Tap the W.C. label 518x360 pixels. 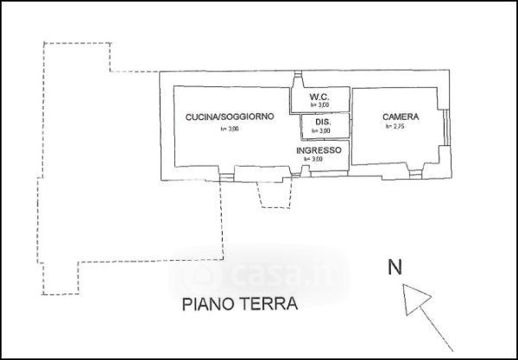coord(319,95)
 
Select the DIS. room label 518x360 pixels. coord(323,123)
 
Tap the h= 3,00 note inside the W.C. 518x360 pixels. coord(320,104)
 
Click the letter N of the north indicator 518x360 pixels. coord(394,268)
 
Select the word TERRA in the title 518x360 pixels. coord(269,305)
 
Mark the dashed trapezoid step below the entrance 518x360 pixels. coord(275,198)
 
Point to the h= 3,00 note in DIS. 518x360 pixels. coord(322,131)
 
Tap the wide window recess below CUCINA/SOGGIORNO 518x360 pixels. coord(258,176)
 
